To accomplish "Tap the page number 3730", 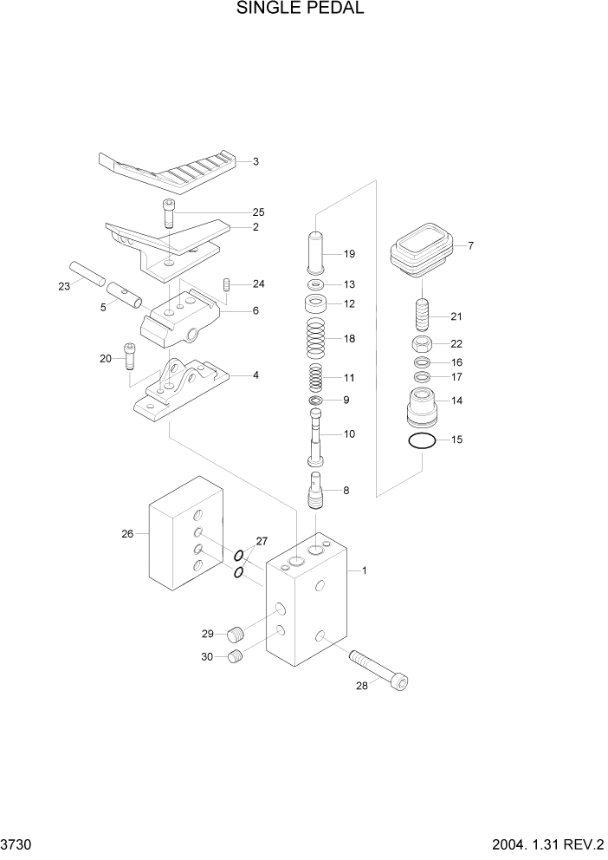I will click(18, 844).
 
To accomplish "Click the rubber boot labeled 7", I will click(422, 246).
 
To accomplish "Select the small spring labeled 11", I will click(315, 378).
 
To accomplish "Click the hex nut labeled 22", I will click(422, 344).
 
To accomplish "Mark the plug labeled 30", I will click(235, 658).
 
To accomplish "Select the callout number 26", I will click(127, 534).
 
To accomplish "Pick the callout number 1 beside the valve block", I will click(365, 570).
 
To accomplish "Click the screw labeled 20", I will click(131, 355).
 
